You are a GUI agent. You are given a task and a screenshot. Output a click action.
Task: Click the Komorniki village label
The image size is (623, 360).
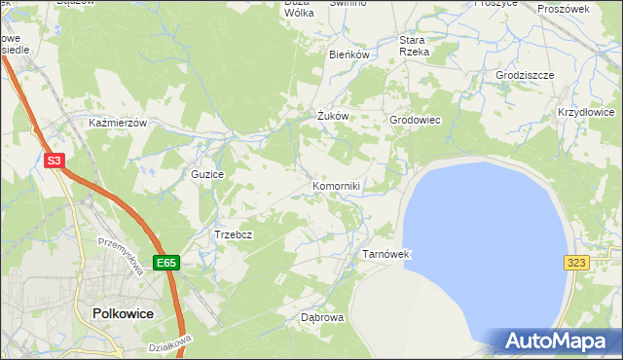pyautogui.click(x=337, y=186)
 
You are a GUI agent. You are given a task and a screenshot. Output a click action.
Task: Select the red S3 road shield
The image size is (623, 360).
pyautogui.click(x=55, y=162)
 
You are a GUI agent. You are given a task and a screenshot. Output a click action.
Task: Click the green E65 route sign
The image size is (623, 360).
pyautogui.click(x=165, y=263)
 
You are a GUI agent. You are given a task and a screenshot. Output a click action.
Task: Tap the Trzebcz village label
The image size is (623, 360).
pyautogui.click(x=234, y=235)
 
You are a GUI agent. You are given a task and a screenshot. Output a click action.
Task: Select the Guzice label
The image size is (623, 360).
pyautogui.click(x=208, y=174)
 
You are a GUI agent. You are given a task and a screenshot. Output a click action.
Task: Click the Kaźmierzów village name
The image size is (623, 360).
pyautogui.click(x=117, y=124)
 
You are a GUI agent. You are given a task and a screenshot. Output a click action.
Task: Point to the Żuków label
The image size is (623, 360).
pyautogui.click(x=333, y=116)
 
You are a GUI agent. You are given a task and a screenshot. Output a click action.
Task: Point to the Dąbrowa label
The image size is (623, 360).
pyautogui.click(x=316, y=317)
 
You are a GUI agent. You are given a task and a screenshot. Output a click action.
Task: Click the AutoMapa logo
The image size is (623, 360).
pyautogui.click(x=557, y=341)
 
